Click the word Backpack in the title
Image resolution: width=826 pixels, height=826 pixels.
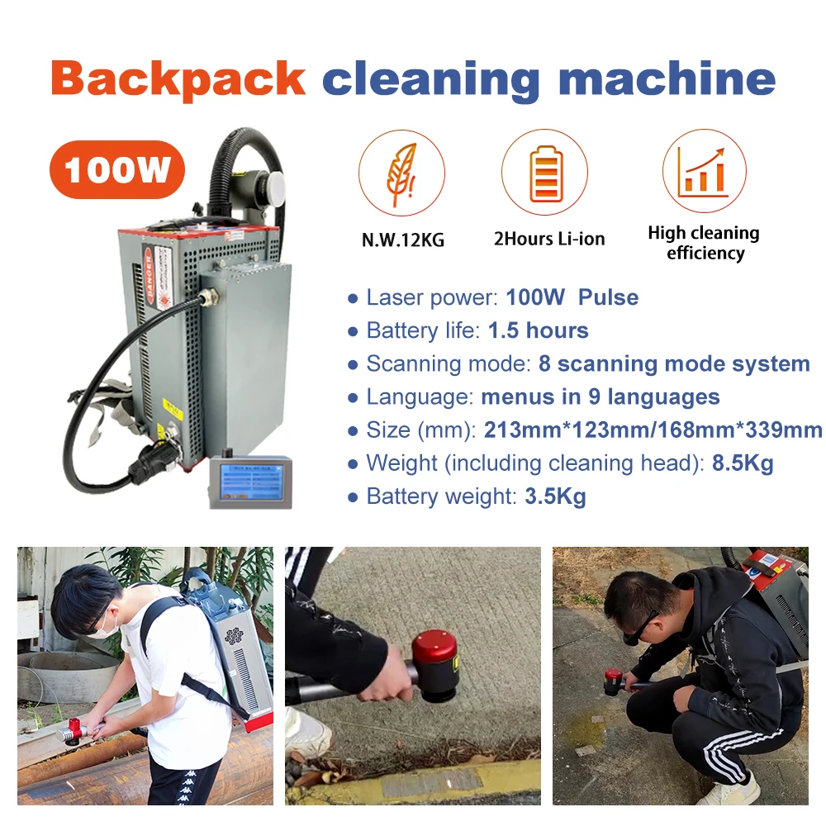pos(178,78)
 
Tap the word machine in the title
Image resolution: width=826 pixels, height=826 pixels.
pos(667,78)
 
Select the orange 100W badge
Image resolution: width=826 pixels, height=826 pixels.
pos(116,170)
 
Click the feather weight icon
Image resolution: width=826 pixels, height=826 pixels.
pos(401,173)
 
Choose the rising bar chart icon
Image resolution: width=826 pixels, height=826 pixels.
pos(704,172)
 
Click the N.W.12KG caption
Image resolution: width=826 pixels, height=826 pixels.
pos(403,240)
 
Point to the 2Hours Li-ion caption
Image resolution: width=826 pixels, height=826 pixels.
pos(549,240)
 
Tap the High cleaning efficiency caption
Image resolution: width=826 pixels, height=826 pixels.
pos(704,243)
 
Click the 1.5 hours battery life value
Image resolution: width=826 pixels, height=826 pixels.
pos(538,331)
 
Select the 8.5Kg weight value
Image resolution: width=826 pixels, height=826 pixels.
pos(743,463)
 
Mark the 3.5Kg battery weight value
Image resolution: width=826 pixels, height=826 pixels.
pos(555,496)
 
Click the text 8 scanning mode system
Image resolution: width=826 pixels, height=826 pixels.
pos(674,364)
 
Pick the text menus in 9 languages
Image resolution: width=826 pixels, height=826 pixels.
pos(601,397)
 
